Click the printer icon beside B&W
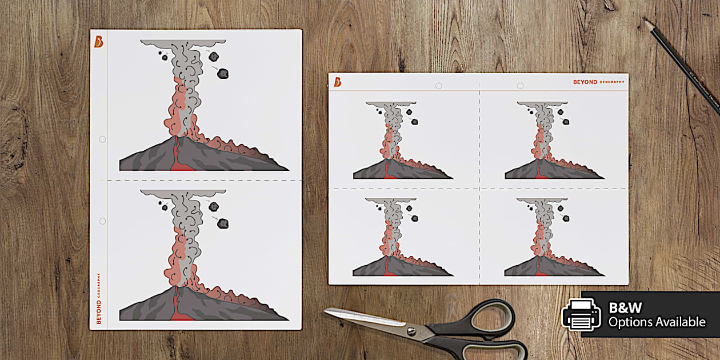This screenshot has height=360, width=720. tap(581, 314)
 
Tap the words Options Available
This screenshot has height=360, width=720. tap(657, 322)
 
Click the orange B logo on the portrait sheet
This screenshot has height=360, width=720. tap(98, 41)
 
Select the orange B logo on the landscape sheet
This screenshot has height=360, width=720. tap(338, 82)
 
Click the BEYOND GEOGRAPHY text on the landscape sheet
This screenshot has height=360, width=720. tap(599, 82)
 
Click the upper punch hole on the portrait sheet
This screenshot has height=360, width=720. tap(102, 139)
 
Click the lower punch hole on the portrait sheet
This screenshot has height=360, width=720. tap(102, 221)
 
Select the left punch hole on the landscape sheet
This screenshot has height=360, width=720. tap(438, 86)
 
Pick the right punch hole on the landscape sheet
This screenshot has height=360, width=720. tap(520, 86)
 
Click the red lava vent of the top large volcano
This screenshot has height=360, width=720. tap(178, 158)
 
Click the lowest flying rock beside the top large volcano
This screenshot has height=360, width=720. tap(223, 73)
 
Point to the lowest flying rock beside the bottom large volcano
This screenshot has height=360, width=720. tap(223, 223)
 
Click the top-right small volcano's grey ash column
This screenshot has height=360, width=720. tap(543, 117)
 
